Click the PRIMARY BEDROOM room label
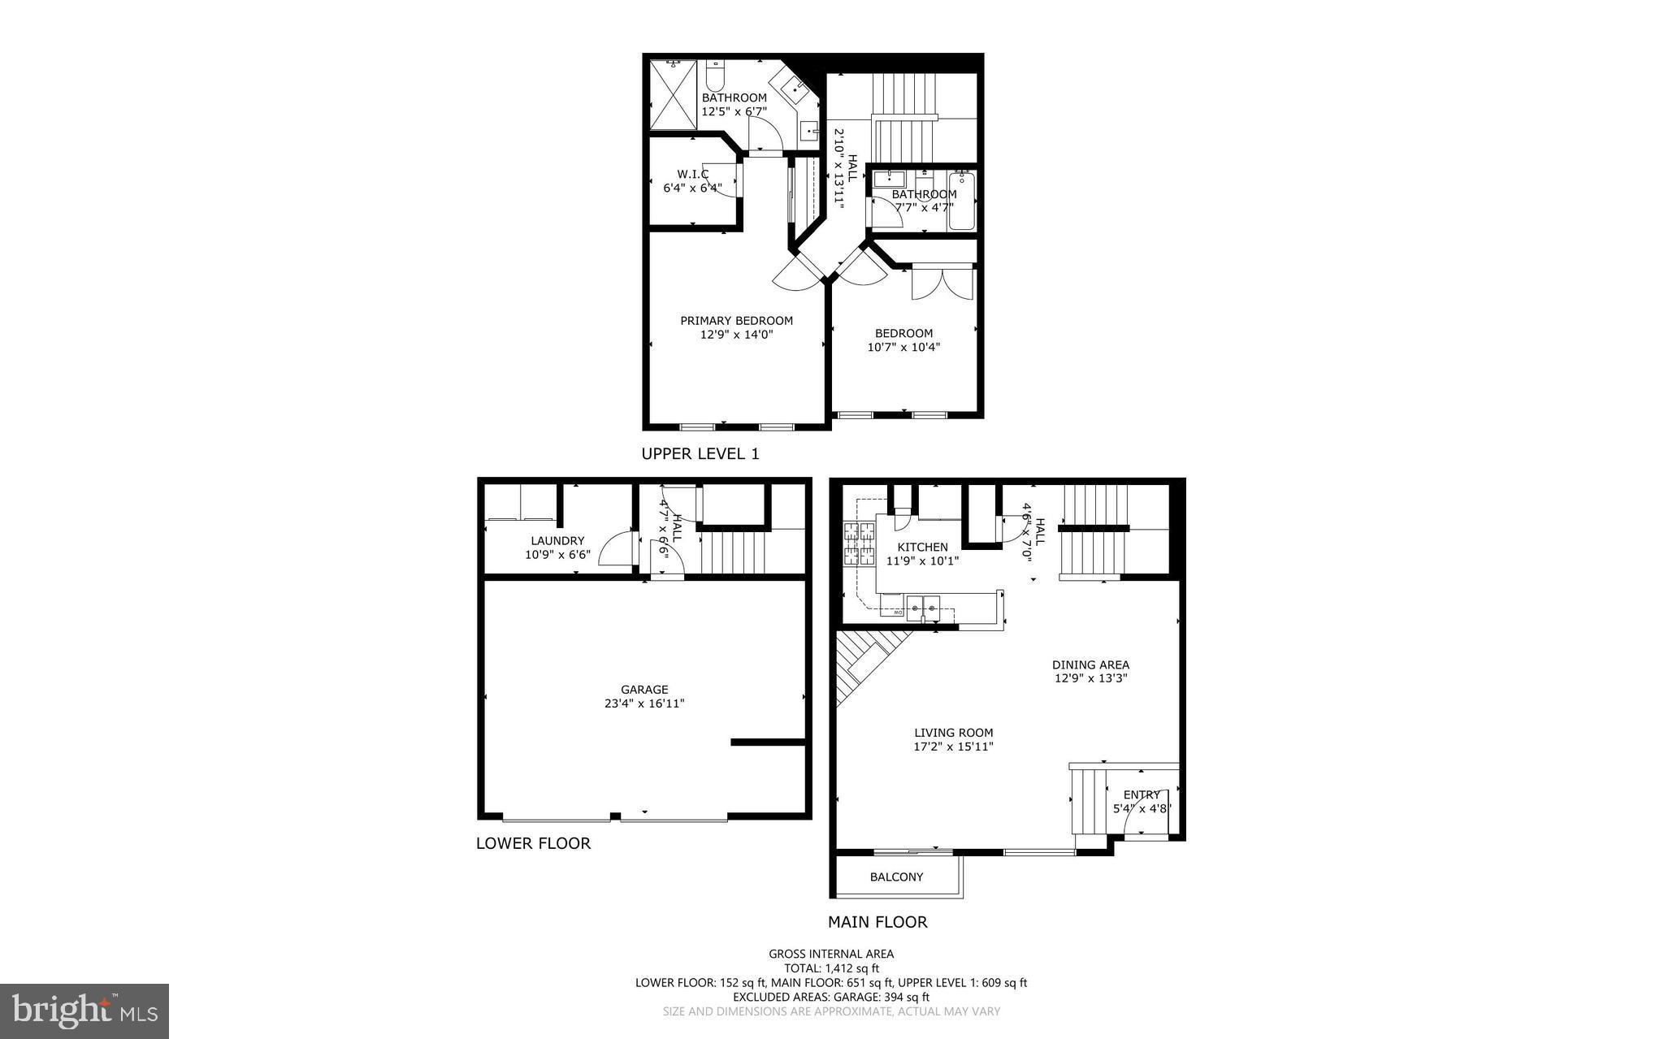coord(736,321)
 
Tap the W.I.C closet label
coord(692,175)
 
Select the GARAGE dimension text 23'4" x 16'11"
coord(644,703)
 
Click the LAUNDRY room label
coord(557,541)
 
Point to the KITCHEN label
coord(922,548)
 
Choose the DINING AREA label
coord(1090,665)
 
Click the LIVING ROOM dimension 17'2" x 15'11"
coord(954,747)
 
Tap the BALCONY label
coord(896,877)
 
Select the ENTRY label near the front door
coord(1141,795)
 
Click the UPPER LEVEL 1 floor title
coord(700,454)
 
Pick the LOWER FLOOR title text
coord(533,843)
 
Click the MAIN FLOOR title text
coord(877,922)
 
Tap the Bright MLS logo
coord(84,1011)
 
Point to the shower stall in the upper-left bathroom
coord(673,95)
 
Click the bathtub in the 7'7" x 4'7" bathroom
coord(963,201)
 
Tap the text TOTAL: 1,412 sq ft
coord(831,968)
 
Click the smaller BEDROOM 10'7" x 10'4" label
coord(903,333)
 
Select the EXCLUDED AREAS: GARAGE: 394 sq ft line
coord(831,997)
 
